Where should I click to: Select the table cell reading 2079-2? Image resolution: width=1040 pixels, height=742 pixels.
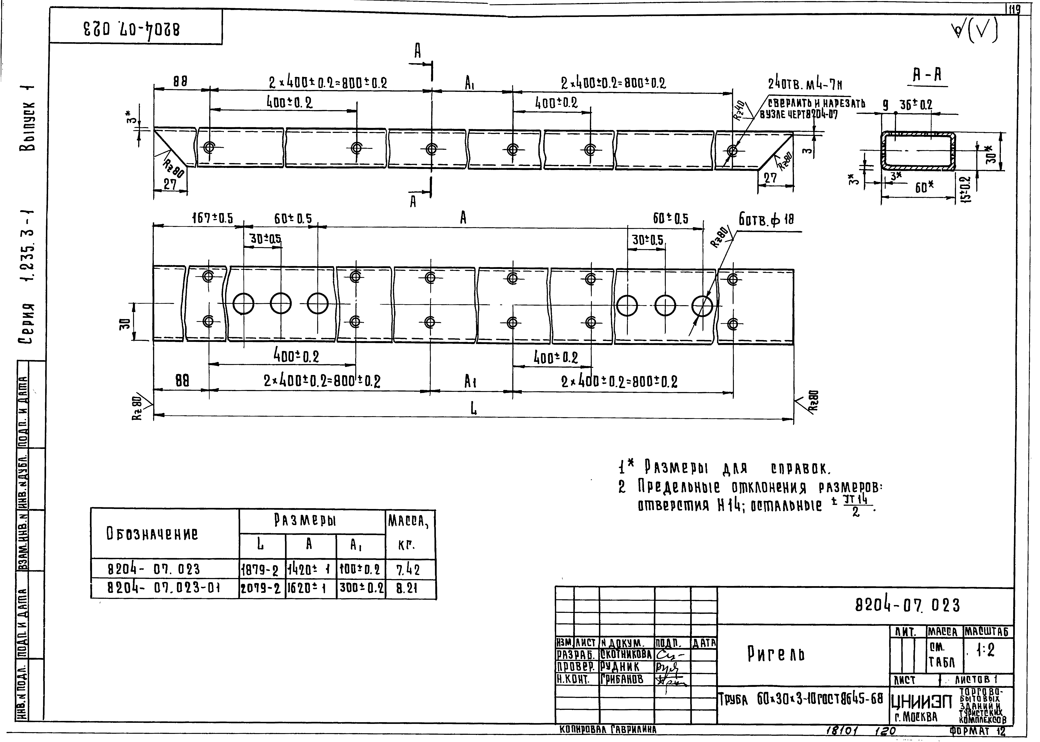[260, 589]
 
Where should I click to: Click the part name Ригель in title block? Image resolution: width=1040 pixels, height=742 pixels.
[775, 654]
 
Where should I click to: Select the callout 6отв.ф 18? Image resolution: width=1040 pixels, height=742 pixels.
[766, 220]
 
